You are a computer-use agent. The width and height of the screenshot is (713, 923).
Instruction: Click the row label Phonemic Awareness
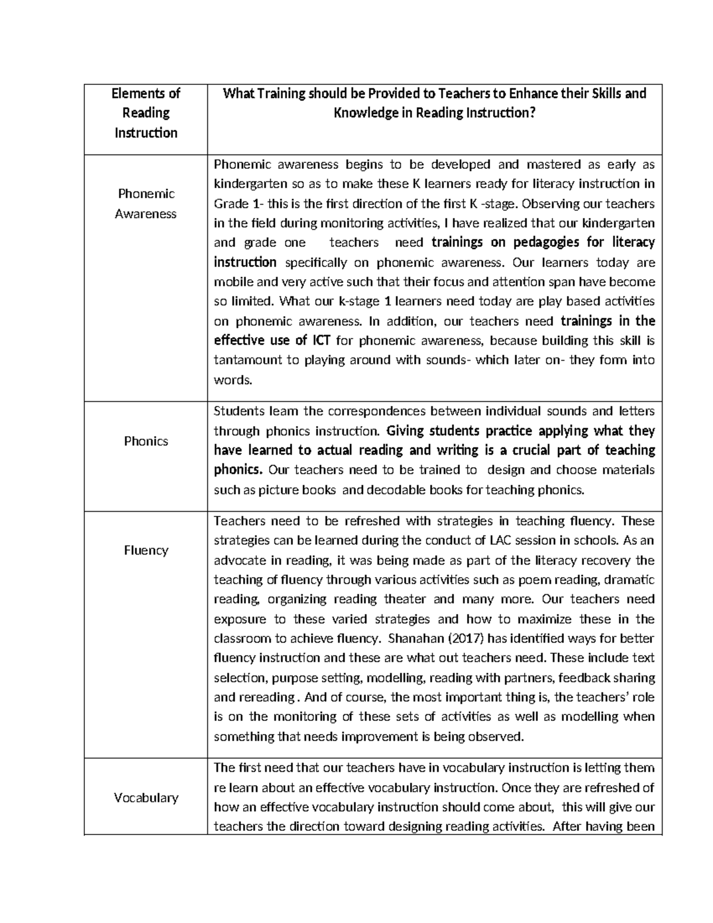point(146,203)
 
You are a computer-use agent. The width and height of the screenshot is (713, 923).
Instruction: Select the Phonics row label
point(146,441)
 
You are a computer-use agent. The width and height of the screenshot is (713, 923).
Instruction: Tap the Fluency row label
point(146,550)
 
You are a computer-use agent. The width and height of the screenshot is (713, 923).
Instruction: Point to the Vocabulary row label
point(146,798)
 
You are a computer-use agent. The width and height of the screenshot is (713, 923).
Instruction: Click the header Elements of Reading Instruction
point(146,113)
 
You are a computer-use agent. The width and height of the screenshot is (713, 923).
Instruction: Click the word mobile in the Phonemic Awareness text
point(232,282)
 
